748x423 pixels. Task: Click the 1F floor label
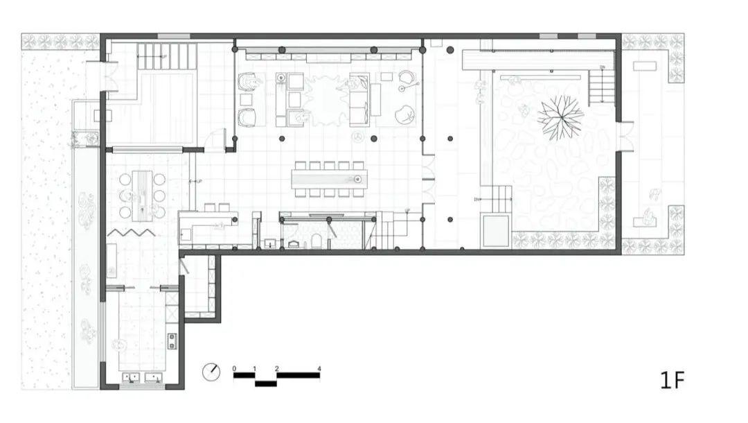point(672,379)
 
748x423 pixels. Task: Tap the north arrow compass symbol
point(211,372)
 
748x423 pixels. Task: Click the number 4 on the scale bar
point(319,368)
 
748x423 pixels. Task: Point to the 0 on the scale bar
point(234,368)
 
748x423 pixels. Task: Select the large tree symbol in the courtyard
point(560,115)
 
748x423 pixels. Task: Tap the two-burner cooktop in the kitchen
point(172,340)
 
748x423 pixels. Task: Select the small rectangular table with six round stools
point(142,195)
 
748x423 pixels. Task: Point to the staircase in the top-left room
point(166,56)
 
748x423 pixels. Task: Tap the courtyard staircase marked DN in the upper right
point(601,86)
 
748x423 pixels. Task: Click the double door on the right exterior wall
point(625,136)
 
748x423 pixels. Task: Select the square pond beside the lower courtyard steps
point(496,230)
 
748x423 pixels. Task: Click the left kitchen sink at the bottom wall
point(132,378)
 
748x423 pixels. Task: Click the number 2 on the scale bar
point(276,368)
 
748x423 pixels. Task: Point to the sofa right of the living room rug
point(359,99)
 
